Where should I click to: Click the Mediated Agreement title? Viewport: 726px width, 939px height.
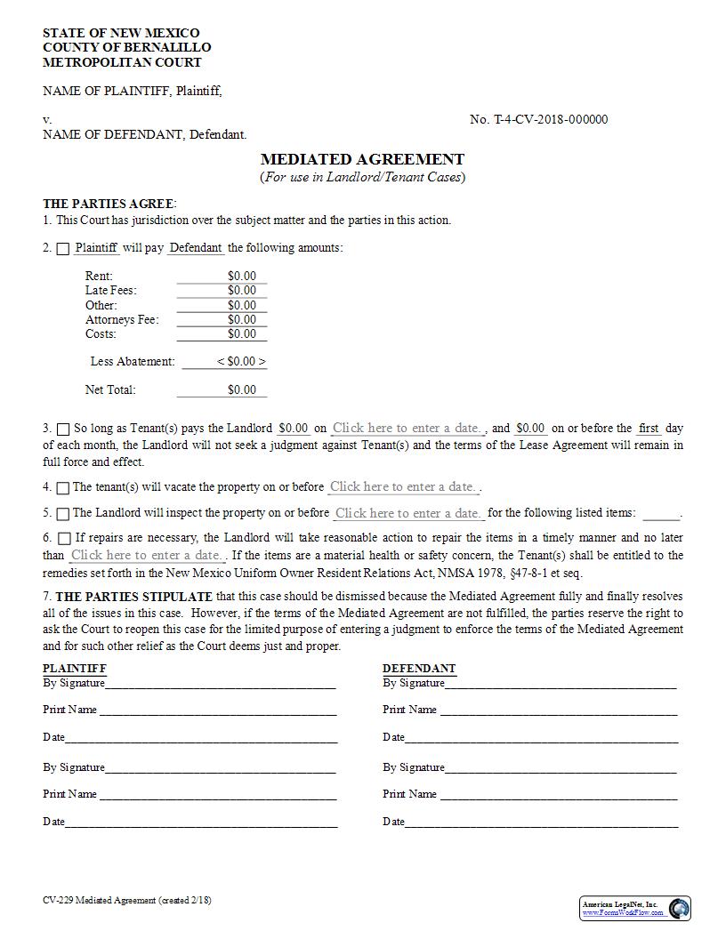pos(362,160)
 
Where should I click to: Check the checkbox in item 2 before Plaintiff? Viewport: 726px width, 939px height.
pos(63,249)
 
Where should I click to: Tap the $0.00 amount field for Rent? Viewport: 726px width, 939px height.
pos(222,277)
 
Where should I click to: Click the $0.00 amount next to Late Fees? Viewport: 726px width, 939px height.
pos(222,291)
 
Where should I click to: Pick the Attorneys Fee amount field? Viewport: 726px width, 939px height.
pos(222,320)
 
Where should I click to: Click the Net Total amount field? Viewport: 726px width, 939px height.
pos(222,390)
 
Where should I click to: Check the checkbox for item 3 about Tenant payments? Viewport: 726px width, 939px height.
pos(63,429)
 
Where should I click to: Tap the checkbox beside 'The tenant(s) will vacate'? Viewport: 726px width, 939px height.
pos(63,488)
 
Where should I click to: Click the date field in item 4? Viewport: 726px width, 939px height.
pos(404,487)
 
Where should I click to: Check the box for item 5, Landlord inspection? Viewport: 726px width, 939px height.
pos(63,514)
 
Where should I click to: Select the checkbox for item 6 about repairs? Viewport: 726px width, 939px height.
pos(65,539)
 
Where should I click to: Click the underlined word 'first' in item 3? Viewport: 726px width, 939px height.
pos(649,429)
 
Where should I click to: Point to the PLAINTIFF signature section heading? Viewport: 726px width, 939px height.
pos(75,669)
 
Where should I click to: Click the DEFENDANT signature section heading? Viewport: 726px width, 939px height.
pos(419,669)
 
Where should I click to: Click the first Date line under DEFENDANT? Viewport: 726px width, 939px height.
pos(541,737)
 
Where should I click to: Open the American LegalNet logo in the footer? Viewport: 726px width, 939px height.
pos(635,908)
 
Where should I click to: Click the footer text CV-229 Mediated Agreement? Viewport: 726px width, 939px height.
pos(127,901)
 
